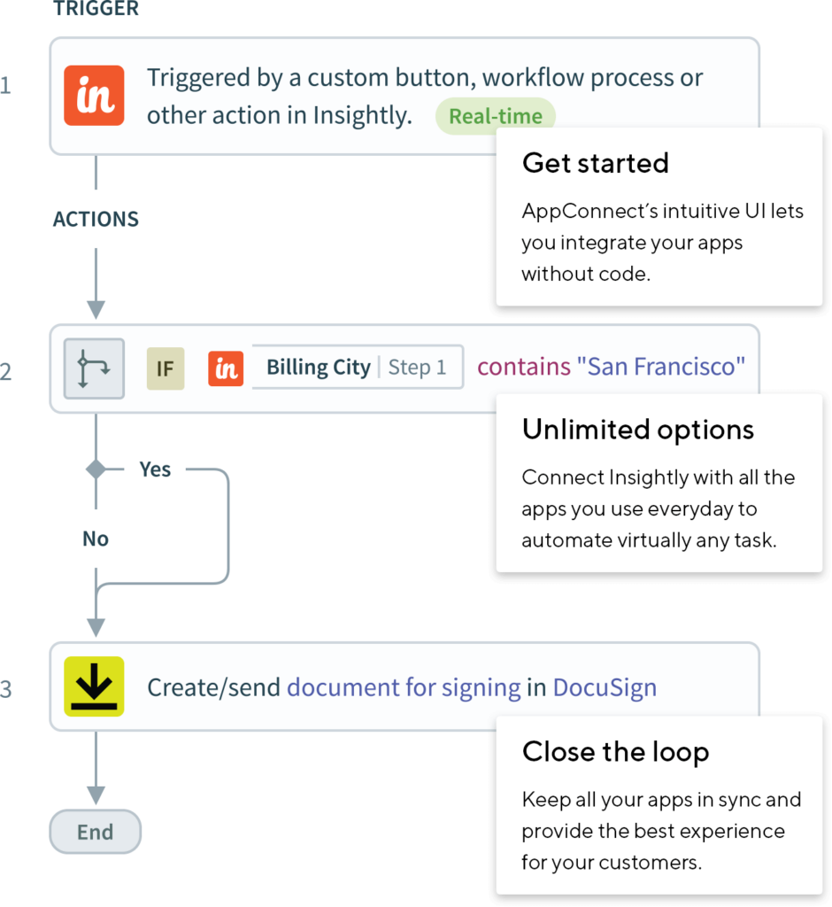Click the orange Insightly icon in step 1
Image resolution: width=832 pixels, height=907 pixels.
95,96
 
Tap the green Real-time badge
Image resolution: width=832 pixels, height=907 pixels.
495,116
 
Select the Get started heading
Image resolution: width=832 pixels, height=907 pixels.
595,163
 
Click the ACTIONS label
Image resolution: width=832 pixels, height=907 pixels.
96,220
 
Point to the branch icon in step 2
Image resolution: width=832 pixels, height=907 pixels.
94,368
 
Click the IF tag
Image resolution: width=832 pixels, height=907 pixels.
166,368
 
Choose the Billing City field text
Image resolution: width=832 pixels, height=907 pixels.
319,368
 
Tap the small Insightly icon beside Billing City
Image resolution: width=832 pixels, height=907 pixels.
226,368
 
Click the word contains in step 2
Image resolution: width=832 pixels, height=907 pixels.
524,367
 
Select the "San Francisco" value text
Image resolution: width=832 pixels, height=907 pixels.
661,367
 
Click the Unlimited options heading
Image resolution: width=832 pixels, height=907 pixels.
637,430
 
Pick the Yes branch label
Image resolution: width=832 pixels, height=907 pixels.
155,469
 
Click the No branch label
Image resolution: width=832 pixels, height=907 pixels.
96,539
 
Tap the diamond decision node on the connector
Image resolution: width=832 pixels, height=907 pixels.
96,469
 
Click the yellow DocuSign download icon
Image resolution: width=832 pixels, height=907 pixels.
94,686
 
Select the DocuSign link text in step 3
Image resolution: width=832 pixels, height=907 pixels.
605,687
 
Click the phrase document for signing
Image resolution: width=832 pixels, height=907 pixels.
404,687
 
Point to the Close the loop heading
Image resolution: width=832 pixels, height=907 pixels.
615,752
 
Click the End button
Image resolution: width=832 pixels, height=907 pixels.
95,832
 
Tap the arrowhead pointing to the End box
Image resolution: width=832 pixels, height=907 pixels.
96,795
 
